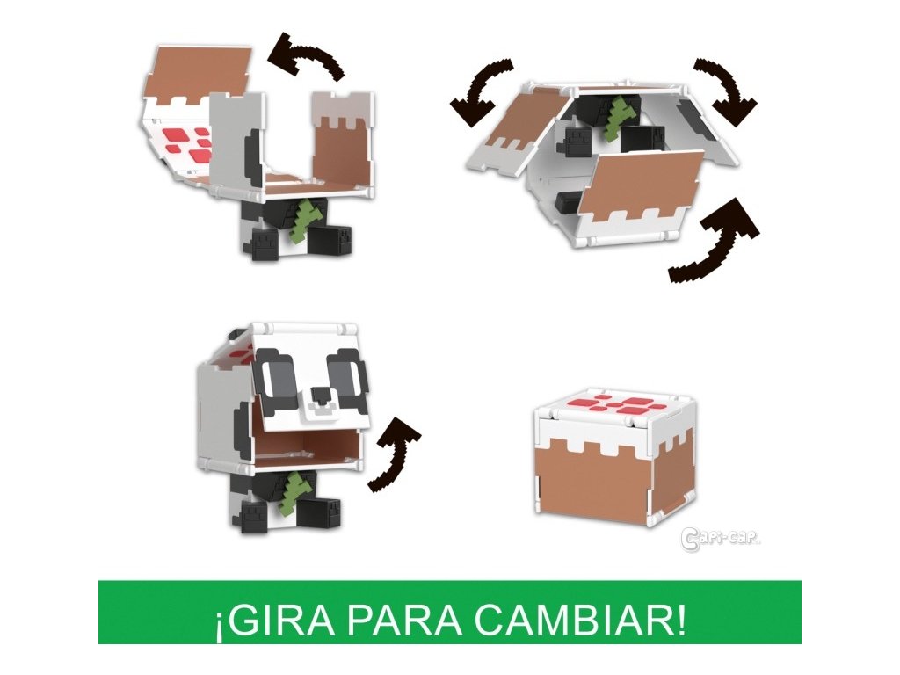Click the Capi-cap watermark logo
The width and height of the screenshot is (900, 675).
[720, 539]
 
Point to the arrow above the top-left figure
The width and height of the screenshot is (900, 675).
[307, 56]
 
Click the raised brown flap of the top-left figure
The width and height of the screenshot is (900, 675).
[198, 70]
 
